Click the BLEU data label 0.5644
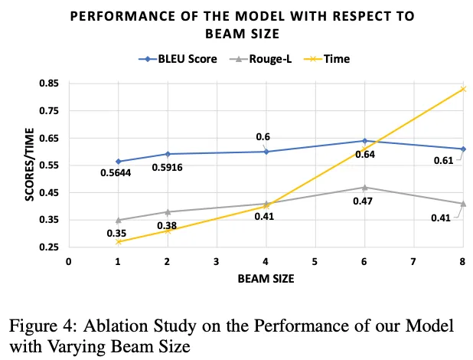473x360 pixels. pos(116,172)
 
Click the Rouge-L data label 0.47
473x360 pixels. pos(363,201)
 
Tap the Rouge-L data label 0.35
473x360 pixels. pos(116,232)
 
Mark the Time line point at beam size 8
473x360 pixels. pos(462,89)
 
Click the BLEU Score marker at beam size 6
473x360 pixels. pos(364,141)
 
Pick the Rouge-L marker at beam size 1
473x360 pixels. pos(118,220)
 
